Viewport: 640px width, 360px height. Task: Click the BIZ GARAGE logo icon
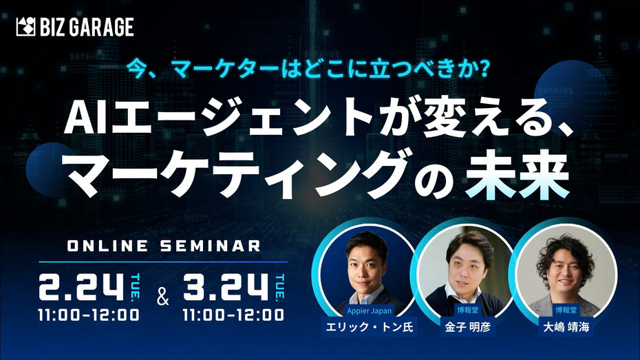tap(25, 28)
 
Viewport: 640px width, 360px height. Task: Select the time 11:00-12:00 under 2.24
tap(90, 315)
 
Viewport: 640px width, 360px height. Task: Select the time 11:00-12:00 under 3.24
tap(235, 315)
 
